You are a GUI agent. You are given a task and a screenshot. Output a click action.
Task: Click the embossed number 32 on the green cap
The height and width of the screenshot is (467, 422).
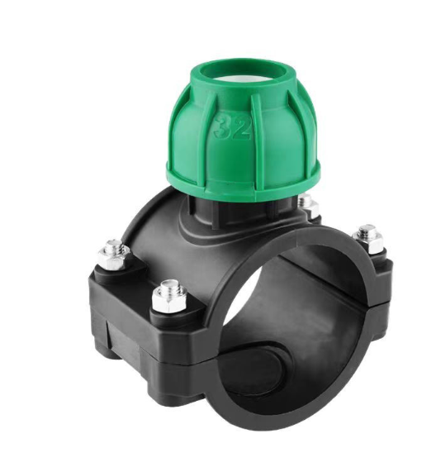(233, 128)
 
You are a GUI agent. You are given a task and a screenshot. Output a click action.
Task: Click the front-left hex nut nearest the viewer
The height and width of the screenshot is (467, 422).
(169, 300)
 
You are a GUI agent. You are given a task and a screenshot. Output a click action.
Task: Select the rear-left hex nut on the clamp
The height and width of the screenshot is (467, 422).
(114, 259)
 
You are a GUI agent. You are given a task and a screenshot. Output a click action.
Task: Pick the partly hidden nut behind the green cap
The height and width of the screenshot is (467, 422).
(311, 206)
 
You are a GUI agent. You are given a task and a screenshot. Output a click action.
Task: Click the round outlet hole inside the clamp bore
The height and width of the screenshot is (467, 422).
(252, 367)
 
